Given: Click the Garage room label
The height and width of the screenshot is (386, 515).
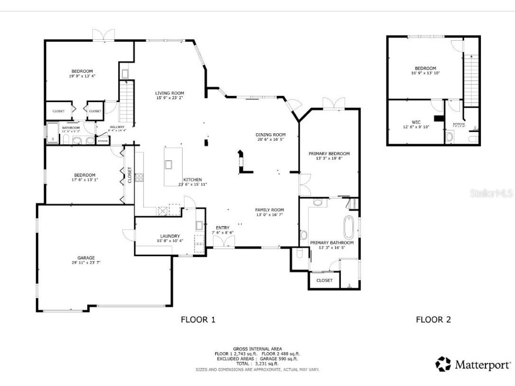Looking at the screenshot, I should coord(86,258).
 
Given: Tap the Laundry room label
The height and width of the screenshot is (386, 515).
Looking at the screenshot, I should coord(170,236).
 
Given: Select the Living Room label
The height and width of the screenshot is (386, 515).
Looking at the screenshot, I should coord(170,93).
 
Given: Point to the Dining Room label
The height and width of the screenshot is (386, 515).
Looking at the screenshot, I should coord(270,135).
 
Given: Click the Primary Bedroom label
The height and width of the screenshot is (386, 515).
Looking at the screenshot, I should coord(329,154).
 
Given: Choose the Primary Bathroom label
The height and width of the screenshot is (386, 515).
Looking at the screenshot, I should coord(332,243).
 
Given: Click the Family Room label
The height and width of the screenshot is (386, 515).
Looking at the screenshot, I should coord(269,210).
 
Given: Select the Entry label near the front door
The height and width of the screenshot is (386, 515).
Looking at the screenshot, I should coord(222,228).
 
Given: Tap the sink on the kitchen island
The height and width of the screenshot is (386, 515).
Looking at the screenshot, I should coord(168,165).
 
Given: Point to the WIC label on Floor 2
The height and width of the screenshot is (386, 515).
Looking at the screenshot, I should coord(416,122).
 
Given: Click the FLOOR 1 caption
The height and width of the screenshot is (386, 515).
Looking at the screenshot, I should coord(198,320).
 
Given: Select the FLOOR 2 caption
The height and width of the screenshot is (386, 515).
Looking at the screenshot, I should coord(433,320).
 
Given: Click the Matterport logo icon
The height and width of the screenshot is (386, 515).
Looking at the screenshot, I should coord(443,364).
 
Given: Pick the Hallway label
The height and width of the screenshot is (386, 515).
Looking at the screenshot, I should coord(117,127).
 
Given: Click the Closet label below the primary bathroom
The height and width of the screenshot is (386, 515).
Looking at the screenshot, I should coord(324,280).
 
